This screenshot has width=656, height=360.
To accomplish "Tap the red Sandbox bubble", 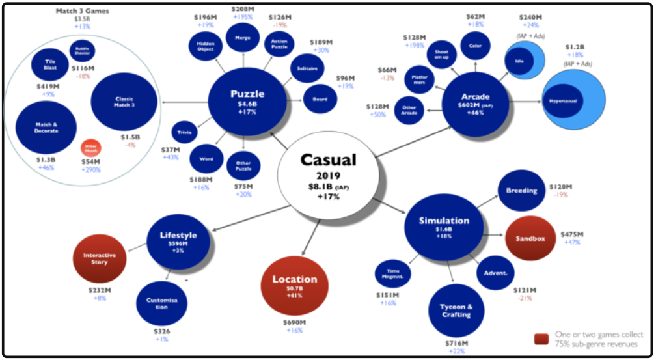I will [530, 238].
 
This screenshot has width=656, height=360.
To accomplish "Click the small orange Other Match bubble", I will [91, 149].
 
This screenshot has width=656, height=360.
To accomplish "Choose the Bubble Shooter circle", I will [83, 51].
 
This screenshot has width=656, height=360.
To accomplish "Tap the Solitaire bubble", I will [307, 68].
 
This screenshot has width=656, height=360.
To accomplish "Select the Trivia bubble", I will [185, 132].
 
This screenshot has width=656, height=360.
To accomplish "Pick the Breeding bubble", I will [521, 191].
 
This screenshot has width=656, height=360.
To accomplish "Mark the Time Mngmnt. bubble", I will [393, 273].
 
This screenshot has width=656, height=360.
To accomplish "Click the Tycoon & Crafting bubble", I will [457, 311].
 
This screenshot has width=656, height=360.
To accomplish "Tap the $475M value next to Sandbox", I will [572, 234].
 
